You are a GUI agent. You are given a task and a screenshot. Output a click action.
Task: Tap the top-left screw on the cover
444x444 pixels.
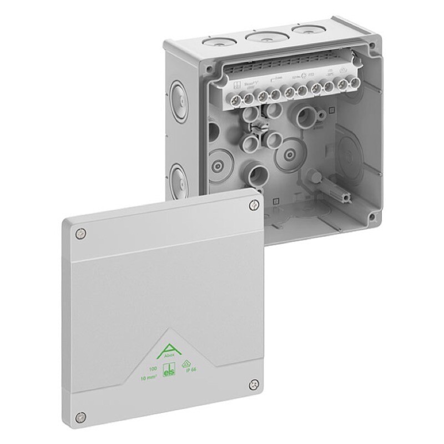(82, 234)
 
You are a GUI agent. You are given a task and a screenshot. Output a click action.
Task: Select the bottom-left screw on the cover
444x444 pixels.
(82, 415)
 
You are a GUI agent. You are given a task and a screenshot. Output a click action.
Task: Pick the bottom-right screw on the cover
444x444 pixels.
(254, 382)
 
